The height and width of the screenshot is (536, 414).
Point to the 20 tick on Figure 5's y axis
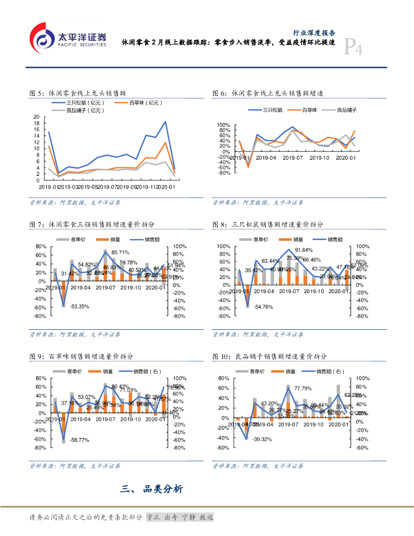coord(36,117)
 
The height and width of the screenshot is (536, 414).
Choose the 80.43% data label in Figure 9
coord(120,386)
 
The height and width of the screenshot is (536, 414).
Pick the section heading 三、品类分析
coord(152,489)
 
